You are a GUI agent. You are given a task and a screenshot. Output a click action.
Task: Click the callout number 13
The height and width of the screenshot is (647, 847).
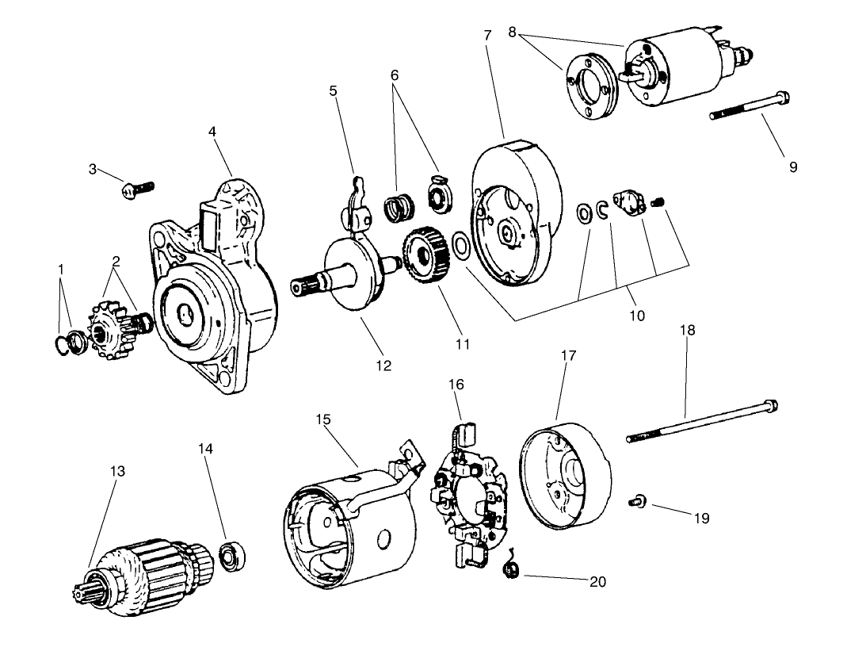(117, 470)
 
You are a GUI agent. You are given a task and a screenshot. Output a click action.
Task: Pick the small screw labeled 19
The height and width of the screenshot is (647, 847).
(637, 500)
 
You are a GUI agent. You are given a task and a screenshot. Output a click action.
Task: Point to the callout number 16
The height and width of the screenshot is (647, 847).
(456, 384)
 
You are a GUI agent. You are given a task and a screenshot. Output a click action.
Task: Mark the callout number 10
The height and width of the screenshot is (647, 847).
(637, 316)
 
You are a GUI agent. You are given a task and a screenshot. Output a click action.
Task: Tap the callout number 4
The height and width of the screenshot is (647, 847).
(212, 131)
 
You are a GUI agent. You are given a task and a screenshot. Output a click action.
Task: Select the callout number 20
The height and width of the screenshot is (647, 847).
(597, 581)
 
